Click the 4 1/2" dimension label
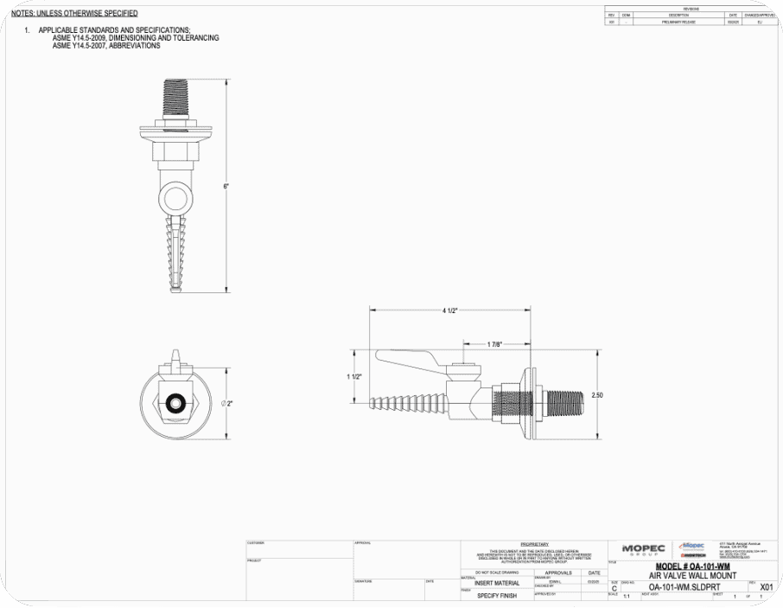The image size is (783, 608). (449, 310)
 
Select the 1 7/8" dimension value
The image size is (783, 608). (493, 343)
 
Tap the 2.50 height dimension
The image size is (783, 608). (597, 394)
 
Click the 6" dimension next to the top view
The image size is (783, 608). (226, 187)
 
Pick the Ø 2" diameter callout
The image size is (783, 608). (227, 403)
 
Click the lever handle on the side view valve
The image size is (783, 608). (411, 356)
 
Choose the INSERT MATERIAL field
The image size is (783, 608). (497, 583)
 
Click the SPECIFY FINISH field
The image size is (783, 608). (497, 596)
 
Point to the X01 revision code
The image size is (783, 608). (766, 586)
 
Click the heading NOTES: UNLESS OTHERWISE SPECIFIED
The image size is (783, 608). (74, 14)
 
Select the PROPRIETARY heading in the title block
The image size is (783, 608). (535, 544)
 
